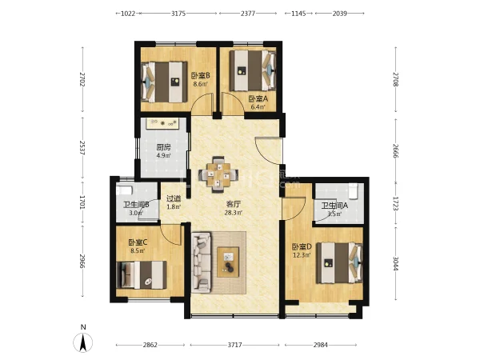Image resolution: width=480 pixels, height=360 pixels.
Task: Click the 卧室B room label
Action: [x=201, y=75]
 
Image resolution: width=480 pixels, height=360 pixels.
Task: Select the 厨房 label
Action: [x=163, y=147]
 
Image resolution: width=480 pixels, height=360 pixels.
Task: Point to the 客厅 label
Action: [x=234, y=204]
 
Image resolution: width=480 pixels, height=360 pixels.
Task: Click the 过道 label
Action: [x=174, y=198]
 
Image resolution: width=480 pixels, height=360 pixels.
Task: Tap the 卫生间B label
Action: [x=136, y=205]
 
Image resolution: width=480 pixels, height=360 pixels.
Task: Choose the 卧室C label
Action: [x=138, y=242]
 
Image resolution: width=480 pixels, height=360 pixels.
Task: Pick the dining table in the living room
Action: [x=218, y=174]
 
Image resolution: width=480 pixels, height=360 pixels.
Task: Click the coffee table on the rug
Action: [x=228, y=262]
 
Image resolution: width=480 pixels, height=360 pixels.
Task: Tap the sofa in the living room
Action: [x=202, y=262]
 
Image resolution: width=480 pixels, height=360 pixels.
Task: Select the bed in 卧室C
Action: [x=142, y=275]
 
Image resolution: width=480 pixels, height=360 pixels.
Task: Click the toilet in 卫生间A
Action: [x=353, y=190]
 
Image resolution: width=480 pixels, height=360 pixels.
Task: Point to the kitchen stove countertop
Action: [x=163, y=123]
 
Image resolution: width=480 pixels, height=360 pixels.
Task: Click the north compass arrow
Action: [x=82, y=342]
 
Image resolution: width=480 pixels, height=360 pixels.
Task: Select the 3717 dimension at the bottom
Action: [x=234, y=345]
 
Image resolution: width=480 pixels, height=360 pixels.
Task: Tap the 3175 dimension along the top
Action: [x=178, y=14]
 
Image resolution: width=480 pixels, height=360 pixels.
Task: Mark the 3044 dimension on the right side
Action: [x=395, y=263]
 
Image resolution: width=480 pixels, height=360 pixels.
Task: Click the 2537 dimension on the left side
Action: [x=82, y=147]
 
